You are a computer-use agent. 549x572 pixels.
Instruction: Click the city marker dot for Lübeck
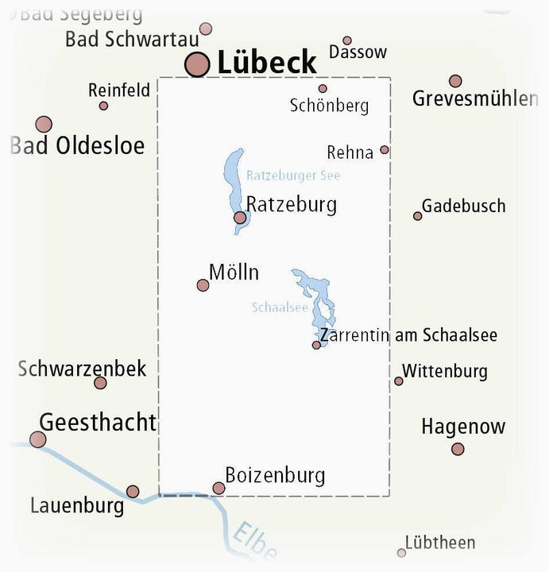pyautogui.click(x=197, y=64)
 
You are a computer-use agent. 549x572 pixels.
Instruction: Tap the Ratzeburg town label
pyautogui.click(x=292, y=204)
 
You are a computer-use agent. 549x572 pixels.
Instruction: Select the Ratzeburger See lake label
pyautogui.click(x=292, y=176)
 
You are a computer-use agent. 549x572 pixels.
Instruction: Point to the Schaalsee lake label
pyautogui.click(x=279, y=307)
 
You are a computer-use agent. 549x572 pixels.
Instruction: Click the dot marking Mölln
pyautogui.click(x=203, y=285)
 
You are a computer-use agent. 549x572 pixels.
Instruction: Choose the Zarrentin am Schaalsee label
pyautogui.click(x=408, y=335)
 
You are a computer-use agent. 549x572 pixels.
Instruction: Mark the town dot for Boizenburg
pyautogui.click(x=218, y=488)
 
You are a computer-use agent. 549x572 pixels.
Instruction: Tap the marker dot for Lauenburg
pyautogui.click(x=133, y=491)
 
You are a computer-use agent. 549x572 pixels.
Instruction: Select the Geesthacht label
pyautogui.click(x=98, y=422)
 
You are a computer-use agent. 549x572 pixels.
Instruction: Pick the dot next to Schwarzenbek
pyautogui.click(x=100, y=383)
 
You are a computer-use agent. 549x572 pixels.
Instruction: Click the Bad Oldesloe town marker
pyautogui.click(x=44, y=124)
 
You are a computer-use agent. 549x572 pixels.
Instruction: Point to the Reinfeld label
pyautogui.click(x=119, y=91)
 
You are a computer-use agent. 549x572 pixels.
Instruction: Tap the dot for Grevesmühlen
pyautogui.click(x=455, y=81)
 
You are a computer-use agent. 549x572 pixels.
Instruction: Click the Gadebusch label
pyautogui.click(x=463, y=206)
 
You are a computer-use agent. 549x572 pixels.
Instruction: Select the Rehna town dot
pyautogui.click(x=385, y=149)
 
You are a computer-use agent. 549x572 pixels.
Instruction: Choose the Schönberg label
pyautogui.click(x=329, y=106)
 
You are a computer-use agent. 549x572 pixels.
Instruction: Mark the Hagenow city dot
pyautogui.click(x=458, y=449)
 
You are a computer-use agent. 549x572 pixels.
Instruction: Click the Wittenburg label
pyautogui.click(x=445, y=371)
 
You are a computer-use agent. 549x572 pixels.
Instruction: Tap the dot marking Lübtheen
pyautogui.click(x=401, y=552)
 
